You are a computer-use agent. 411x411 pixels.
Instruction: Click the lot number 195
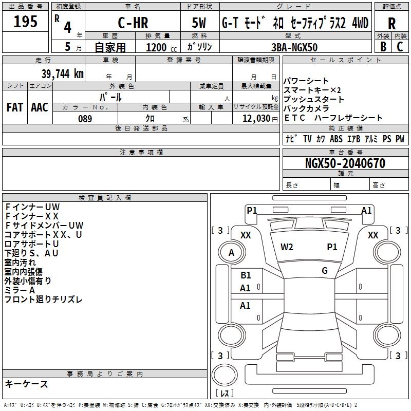coord(25,22)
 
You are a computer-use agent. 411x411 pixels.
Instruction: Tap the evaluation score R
coord(391,23)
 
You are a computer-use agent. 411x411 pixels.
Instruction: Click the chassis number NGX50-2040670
coord(345,163)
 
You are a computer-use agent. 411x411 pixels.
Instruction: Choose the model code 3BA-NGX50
coord(294,47)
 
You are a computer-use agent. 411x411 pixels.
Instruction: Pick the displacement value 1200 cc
coord(159,47)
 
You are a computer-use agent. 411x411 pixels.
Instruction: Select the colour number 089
coord(85,118)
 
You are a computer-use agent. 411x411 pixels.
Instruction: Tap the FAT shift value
coord(15,107)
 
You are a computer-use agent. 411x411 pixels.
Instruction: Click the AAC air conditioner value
coord(40,107)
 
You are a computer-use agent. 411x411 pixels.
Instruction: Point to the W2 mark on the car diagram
coord(287,247)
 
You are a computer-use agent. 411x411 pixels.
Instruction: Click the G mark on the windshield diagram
coord(325,271)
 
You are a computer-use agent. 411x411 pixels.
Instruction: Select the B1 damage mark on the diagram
coord(246,275)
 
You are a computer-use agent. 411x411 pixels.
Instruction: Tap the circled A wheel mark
coord(231,253)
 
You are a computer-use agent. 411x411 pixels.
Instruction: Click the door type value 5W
coord(199,23)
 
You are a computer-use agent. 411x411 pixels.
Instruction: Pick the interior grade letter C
coord(400,47)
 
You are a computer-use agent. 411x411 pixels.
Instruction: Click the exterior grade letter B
coord(383,47)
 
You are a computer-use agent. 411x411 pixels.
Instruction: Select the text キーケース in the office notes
coord(27,384)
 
